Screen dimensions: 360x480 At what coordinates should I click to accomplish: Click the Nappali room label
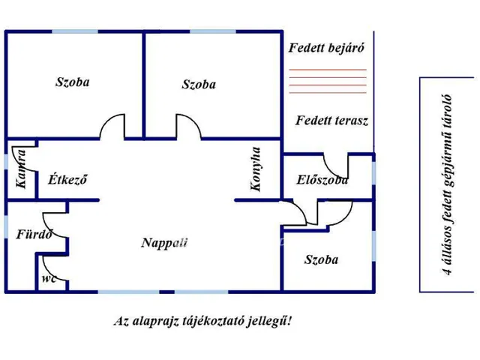point(164,242)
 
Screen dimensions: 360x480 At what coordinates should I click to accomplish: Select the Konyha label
point(256,169)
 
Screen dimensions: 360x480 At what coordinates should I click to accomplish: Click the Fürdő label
point(34,234)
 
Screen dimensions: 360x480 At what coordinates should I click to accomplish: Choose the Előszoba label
point(322,180)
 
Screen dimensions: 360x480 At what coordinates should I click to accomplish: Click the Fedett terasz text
point(331,120)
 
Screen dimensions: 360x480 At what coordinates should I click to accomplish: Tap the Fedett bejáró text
point(326,48)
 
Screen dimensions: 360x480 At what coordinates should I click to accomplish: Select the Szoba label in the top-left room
point(72,82)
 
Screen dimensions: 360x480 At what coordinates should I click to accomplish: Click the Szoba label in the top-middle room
point(199,85)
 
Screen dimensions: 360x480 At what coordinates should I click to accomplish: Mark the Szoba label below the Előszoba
point(321,260)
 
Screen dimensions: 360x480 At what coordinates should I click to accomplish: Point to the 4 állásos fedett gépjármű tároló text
point(439,184)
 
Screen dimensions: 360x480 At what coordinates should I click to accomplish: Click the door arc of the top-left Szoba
point(113,126)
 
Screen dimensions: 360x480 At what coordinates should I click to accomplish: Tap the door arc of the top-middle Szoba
point(187,126)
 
